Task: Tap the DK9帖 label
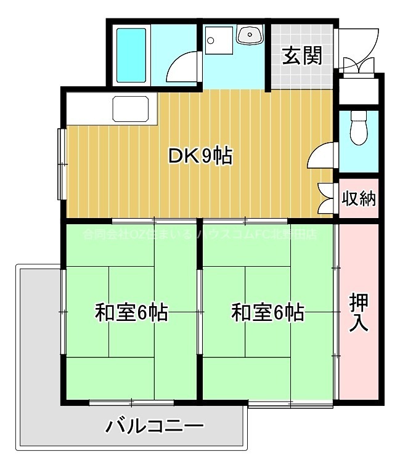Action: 200,157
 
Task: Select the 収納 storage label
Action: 359,199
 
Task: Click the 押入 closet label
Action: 359,313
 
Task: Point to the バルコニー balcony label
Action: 154,426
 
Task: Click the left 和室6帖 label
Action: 131,313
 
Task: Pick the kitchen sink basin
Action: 131,110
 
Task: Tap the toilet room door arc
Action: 322,156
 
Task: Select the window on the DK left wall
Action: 62,163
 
